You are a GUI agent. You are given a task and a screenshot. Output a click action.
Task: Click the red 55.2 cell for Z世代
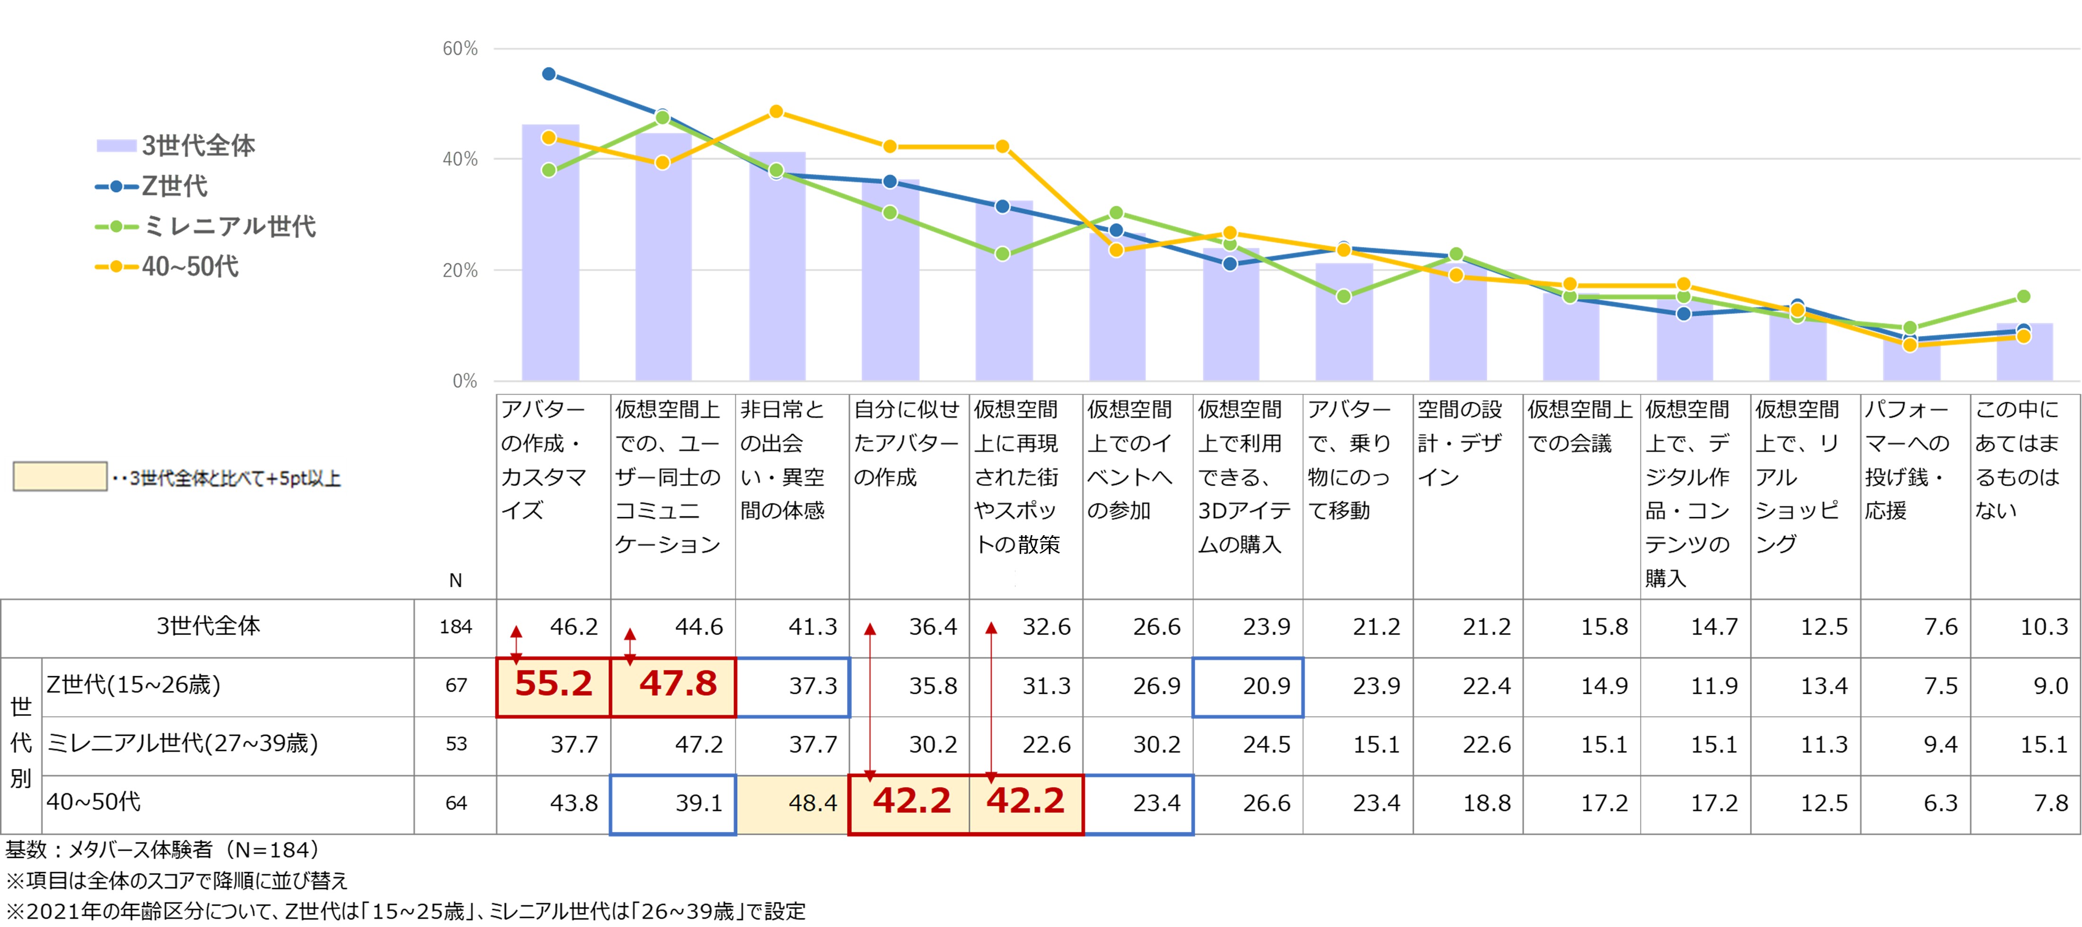tap(554, 685)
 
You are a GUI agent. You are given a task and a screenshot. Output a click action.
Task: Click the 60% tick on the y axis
tap(460, 48)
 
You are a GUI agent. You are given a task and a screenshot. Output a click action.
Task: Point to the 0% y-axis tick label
tap(465, 380)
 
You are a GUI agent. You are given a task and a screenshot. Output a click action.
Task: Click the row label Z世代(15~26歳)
tap(133, 685)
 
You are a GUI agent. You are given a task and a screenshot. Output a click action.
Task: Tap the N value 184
tap(455, 627)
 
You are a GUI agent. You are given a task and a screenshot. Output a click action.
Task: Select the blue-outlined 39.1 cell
tap(673, 803)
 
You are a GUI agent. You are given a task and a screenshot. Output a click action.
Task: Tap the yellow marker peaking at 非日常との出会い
tap(776, 112)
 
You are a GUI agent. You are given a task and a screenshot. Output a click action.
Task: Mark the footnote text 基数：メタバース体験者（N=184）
tap(162, 849)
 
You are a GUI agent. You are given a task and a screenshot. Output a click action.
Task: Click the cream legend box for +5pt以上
tap(60, 477)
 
